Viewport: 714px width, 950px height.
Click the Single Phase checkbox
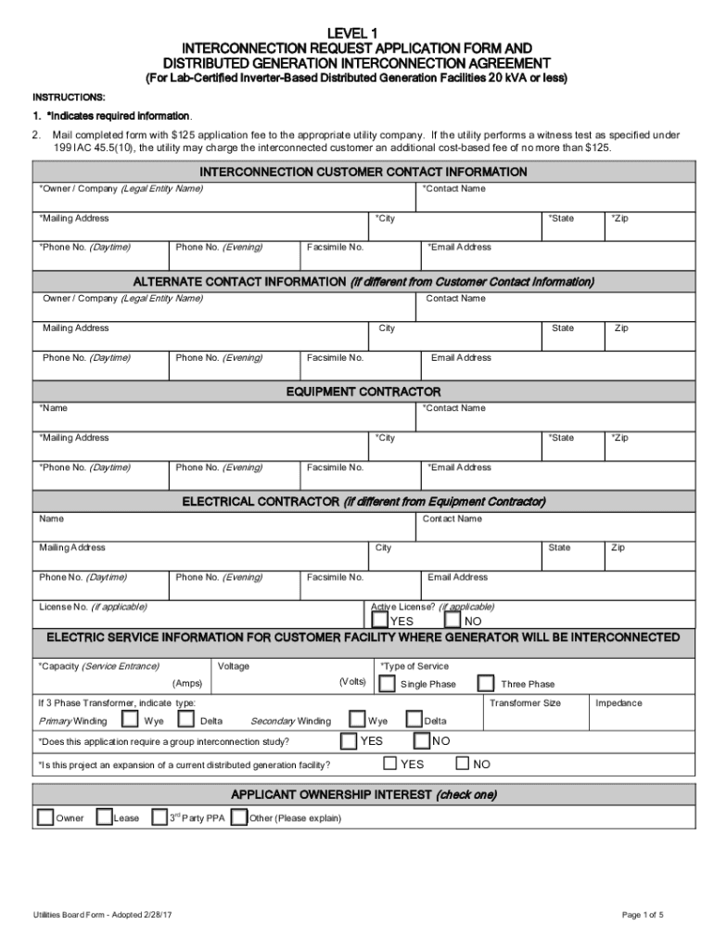(x=385, y=683)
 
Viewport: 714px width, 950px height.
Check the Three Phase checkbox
(x=486, y=683)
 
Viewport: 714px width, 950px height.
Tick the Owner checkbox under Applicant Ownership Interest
(x=45, y=817)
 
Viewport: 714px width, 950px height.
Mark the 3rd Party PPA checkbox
(x=159, y=817)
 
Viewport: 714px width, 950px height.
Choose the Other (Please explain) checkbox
(x=238, y=817)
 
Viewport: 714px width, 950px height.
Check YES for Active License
(x=380, y=619)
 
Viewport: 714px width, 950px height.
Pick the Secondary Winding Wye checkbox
(x=357, y=720)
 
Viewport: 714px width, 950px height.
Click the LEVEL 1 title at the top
(x=357, y=32)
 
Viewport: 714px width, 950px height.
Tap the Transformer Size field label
(x=525, y=703)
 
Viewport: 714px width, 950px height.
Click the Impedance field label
(x=618, y=703)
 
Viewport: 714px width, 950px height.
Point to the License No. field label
(x=92, y=608)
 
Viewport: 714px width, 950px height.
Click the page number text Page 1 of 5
(x=643, y=915)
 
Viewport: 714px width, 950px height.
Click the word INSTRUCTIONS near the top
(x=70, y=96)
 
